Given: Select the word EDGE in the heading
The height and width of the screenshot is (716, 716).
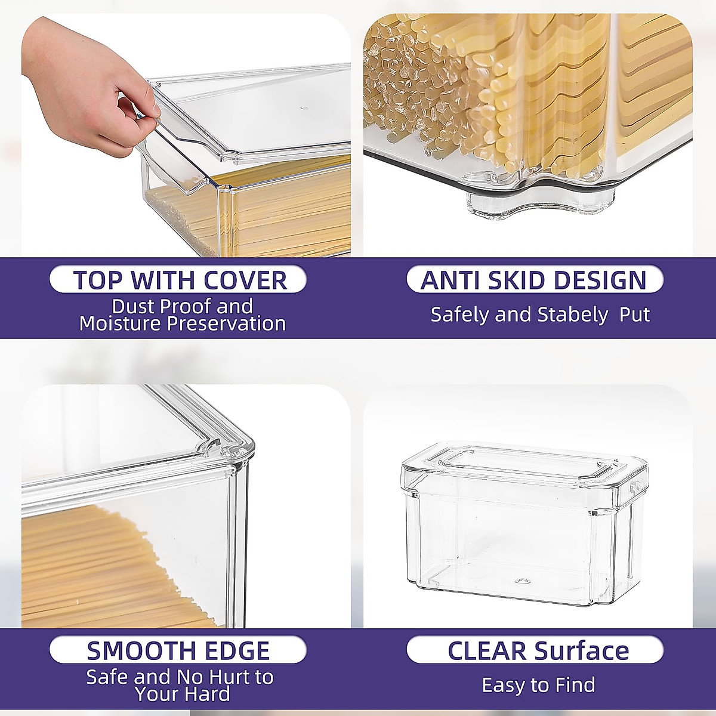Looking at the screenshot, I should pyautogui.click(x=238, y=651).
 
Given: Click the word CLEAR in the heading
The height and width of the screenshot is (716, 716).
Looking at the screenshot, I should pyautogui.click(x=487, y=651).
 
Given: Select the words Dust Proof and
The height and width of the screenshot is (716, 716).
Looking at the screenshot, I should pyautogui.click(x=182, y=307).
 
